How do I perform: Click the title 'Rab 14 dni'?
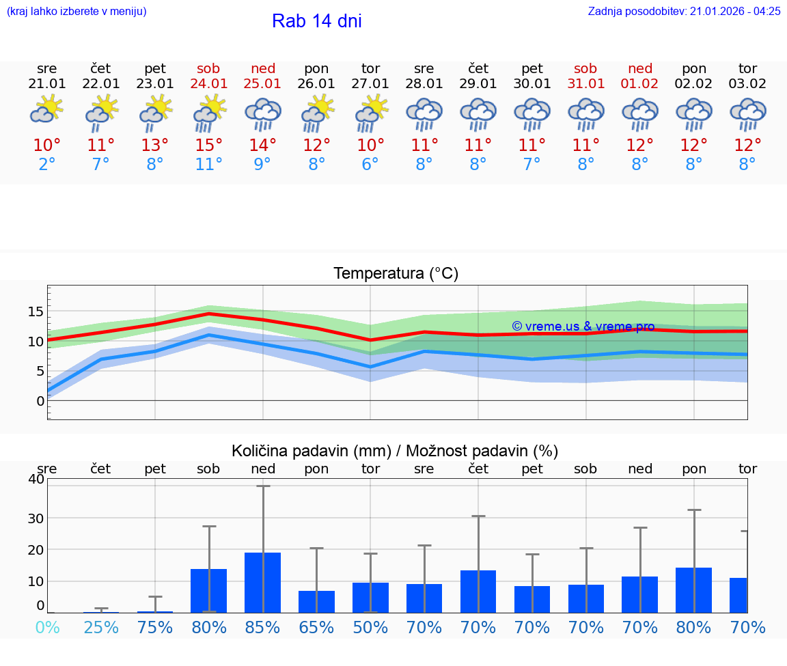pos(316,21)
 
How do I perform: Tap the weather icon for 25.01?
pos(263,114)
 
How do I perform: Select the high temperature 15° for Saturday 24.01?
pos(209,145)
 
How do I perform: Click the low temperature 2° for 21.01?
pos(47,165)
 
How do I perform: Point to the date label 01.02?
pos(640,84)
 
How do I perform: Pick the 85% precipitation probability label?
pos(263,628)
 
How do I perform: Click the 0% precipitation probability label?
pos(47,628)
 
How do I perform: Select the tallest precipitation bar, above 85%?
pos(263,582)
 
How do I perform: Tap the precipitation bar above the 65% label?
pos(316,602)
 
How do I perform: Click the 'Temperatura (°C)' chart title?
pos(396,274)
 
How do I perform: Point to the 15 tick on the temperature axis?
pos(36,312)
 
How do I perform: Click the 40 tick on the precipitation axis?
pos(36,480)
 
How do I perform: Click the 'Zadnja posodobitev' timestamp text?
pos(684,12)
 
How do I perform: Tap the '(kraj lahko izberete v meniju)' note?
pos(77,12)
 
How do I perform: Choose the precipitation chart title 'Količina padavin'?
pos(395,451)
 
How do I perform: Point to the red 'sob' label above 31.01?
pos(585,68)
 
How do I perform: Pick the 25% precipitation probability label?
pos(101,628)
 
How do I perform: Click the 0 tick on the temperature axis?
pos(40,401)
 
